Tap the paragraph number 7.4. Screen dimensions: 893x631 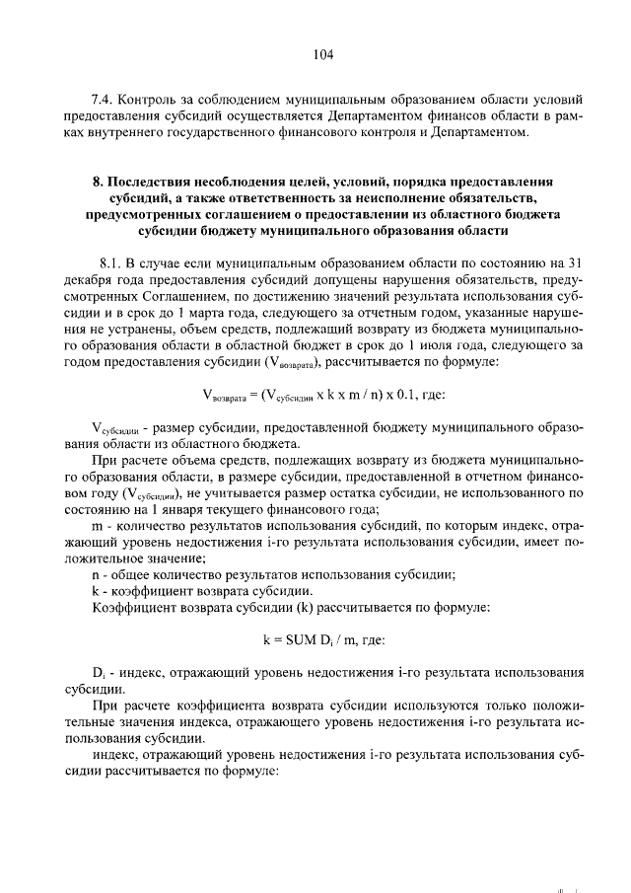[103, 101]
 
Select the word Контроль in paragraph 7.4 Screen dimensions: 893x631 [152, 101]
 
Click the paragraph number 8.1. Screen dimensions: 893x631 [111, 262]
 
